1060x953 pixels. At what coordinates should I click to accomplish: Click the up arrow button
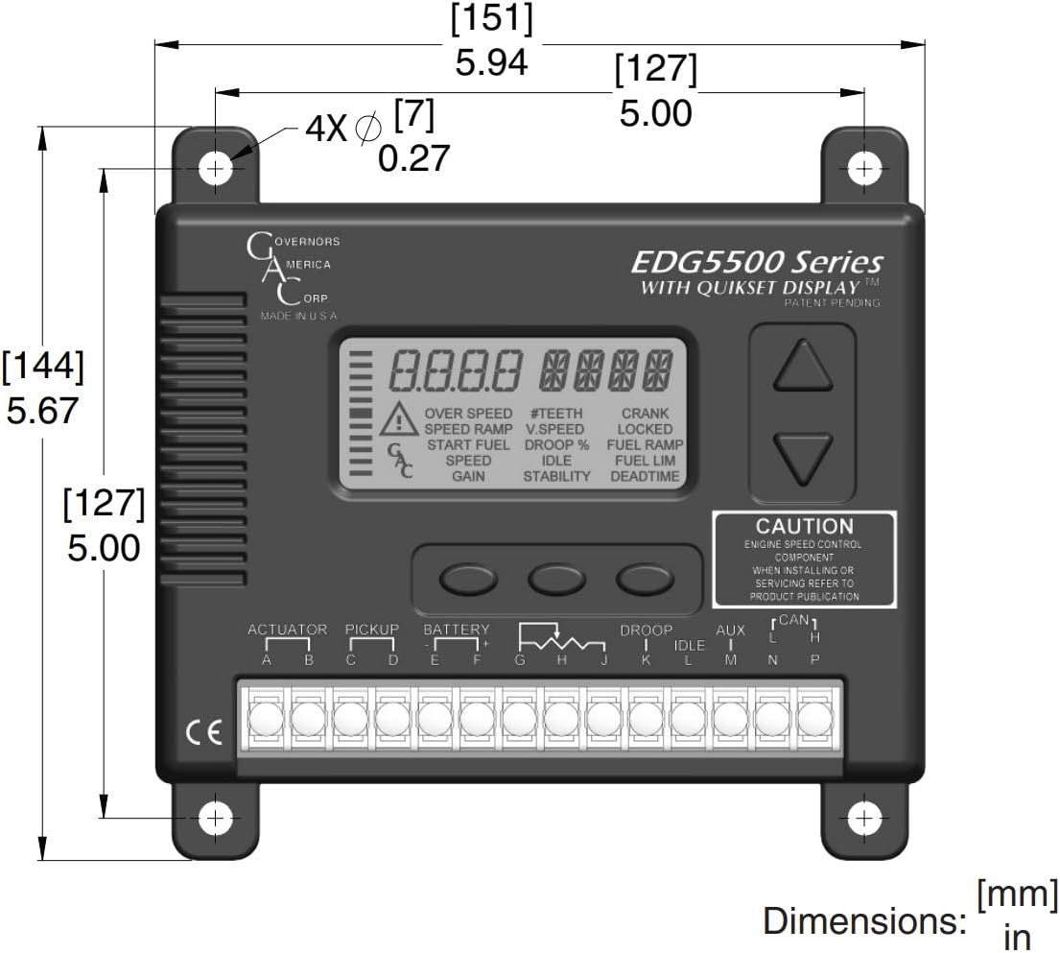802,366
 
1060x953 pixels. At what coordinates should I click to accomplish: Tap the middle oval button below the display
551,578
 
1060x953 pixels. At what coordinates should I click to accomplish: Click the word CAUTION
804,526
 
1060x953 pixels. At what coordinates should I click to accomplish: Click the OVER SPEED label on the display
468,414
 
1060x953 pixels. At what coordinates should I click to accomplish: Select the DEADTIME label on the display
645,476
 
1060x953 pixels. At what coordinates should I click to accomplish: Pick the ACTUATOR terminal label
288,630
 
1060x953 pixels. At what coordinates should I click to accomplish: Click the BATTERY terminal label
457,630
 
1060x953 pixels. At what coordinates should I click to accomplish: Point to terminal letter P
814,660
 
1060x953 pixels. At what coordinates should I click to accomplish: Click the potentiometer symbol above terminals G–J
562,638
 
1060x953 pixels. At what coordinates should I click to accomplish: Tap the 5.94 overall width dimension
491,62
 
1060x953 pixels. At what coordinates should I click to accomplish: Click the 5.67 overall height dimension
42,411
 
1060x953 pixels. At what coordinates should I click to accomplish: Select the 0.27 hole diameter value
413,158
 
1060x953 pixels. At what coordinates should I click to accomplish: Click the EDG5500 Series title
757,262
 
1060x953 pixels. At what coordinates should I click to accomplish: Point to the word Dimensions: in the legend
863,920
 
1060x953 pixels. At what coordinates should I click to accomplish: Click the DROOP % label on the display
556,444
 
